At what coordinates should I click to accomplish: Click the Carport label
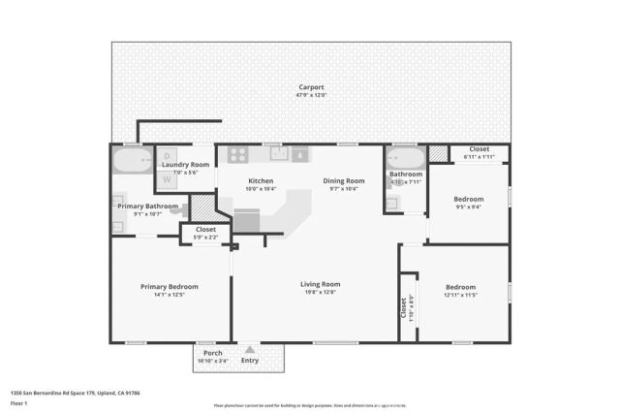310,87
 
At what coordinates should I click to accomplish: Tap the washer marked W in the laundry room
167,178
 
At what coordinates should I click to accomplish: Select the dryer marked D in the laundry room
167,156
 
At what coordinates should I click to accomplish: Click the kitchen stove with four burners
238,153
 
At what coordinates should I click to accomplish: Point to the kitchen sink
276,153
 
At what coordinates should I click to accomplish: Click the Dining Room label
343,180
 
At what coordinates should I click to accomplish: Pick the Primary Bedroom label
170,287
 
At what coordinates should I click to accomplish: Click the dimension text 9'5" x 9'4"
469,207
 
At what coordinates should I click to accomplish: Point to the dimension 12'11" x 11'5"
460,295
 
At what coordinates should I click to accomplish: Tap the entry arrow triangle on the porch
250,350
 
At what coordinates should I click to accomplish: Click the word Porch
212,353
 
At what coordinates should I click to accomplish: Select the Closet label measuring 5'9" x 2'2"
205,229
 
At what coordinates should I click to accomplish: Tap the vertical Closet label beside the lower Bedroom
404,307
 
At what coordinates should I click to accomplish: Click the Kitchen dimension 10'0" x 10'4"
262,189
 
